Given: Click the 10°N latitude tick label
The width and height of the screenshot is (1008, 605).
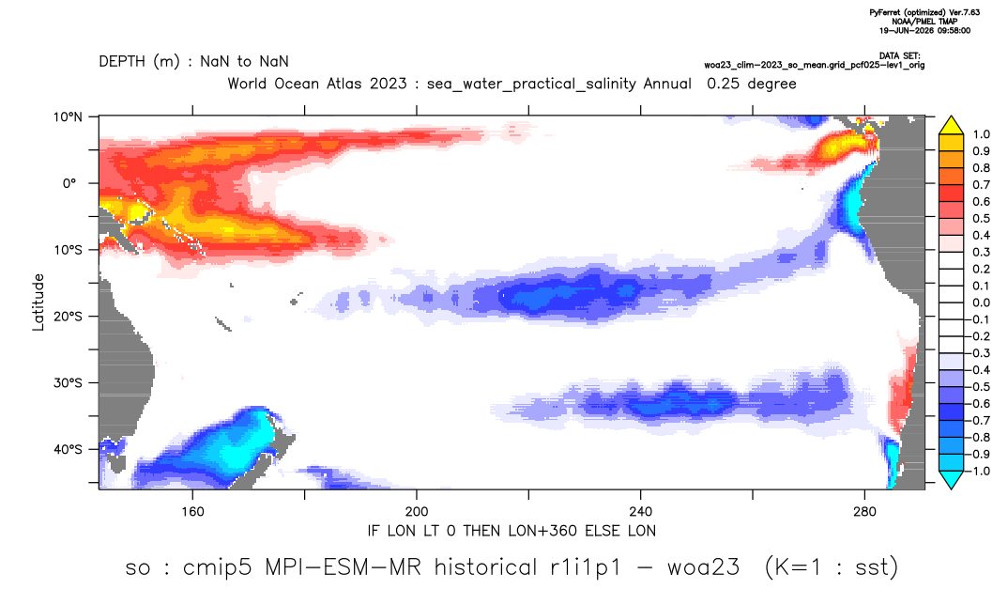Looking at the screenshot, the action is coord(68,117).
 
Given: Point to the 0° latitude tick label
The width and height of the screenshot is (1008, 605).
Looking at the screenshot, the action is coord(70,183).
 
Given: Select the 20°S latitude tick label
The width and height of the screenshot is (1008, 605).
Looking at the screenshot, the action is coord(68,317).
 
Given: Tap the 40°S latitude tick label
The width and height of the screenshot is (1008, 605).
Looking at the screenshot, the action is coord(68,449).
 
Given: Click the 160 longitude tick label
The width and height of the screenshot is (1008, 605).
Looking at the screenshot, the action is coord(192,512).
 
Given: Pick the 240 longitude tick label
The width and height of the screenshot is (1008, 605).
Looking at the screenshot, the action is coord(641,512).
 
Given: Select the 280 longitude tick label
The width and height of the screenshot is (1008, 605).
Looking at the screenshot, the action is coord(864,512).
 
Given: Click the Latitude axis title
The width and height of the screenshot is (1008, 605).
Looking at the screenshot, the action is coord(38,302).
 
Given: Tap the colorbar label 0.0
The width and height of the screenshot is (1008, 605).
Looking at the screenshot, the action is coord(981,302).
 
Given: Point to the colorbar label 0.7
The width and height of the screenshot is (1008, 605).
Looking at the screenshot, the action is coord(981,185).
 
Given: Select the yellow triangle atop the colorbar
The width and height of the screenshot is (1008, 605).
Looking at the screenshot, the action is coord(952,126).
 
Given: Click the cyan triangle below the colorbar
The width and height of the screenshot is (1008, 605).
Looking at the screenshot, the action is coord(952,479).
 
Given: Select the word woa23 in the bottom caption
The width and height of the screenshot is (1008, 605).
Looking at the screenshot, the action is coord(703,567).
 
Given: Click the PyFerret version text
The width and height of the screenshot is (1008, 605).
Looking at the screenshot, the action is coord(924,13).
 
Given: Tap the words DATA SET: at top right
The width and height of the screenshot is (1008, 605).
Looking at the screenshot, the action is coord(899,56).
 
